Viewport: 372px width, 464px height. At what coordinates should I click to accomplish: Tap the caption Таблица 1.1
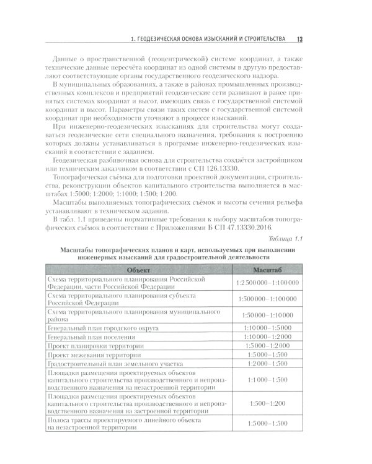(285, 239)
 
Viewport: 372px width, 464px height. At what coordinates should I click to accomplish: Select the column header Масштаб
(267, 270)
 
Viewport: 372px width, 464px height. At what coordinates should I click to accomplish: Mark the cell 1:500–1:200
(267, 403)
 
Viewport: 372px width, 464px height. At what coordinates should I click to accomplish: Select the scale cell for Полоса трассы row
(267, 423)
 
